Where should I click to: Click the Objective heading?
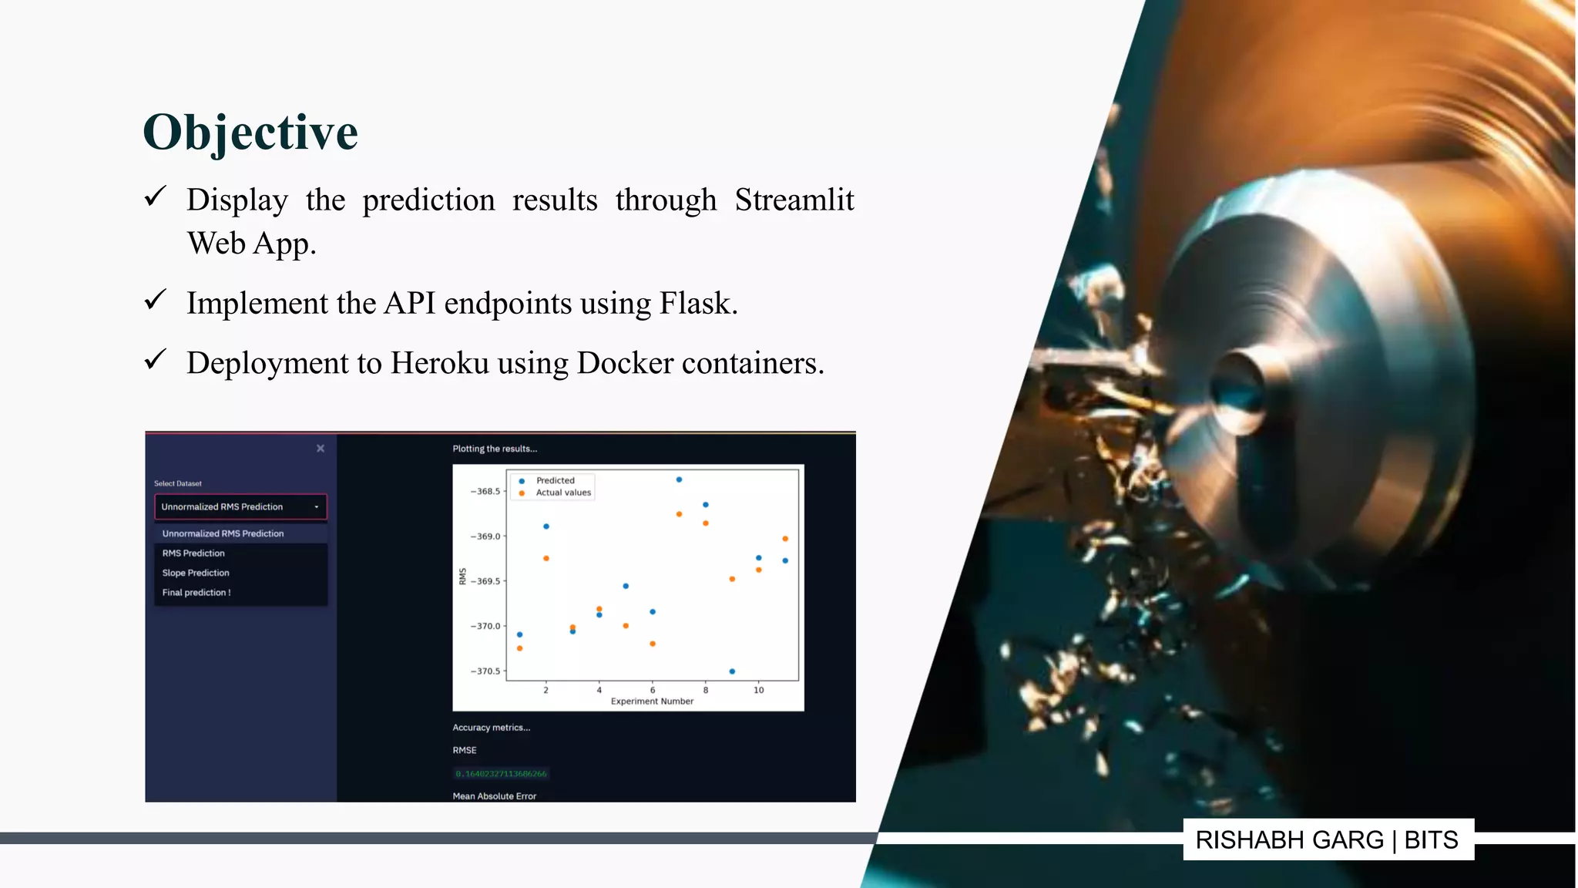pos(250,133)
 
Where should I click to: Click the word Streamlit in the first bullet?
pos(794,200)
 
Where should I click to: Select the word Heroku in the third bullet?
pos(439,363)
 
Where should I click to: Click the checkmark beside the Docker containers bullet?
pos(155,361)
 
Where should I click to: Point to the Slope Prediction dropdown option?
pos(196,573)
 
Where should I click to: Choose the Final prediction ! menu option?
pos(196,593)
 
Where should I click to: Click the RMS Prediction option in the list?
pos(193,553)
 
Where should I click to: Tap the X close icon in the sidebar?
pos(321,449)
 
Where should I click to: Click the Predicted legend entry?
pos(555,480)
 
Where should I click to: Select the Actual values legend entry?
pos(562,493)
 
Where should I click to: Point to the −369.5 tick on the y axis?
pos(485,581)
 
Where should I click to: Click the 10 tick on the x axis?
pos(758,690)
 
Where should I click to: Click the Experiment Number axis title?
pos(652,701)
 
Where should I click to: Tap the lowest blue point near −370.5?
pos(732,671)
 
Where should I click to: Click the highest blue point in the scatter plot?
pos(679,479)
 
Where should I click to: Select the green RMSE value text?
pos(501,773)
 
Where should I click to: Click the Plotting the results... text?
pos(495,449)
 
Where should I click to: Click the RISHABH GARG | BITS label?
pos(1327,839)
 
